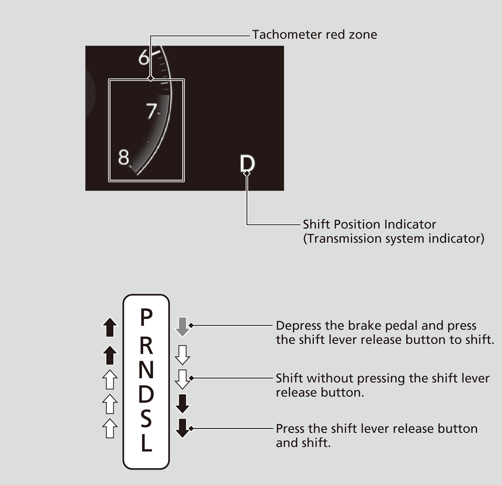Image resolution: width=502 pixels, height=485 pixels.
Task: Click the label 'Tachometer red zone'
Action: click(314, 35)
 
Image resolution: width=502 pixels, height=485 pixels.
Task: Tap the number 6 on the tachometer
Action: click(143, 57)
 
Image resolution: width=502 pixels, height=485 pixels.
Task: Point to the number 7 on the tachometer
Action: click(151, 111)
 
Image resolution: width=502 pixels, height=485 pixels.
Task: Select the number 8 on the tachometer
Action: click(124, 158)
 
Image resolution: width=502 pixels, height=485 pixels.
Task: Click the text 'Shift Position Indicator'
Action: click(369, 225)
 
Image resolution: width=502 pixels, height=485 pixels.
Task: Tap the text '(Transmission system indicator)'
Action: click(393, 239)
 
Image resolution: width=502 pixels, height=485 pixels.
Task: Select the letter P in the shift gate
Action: click(146, 317)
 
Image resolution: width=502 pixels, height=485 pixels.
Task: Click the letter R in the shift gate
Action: click(146, 345)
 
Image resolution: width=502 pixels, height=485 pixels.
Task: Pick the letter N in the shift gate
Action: click(146, 370)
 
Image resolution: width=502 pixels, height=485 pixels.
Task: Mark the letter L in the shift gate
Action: click(146, 443)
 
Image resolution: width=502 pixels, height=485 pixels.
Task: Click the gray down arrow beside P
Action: click(182, 327)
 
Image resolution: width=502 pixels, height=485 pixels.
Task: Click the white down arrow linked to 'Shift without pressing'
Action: click(182, 379)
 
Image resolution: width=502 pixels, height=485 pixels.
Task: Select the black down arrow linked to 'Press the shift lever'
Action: click(182, 428)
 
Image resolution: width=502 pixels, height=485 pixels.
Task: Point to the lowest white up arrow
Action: click(110, 428)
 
